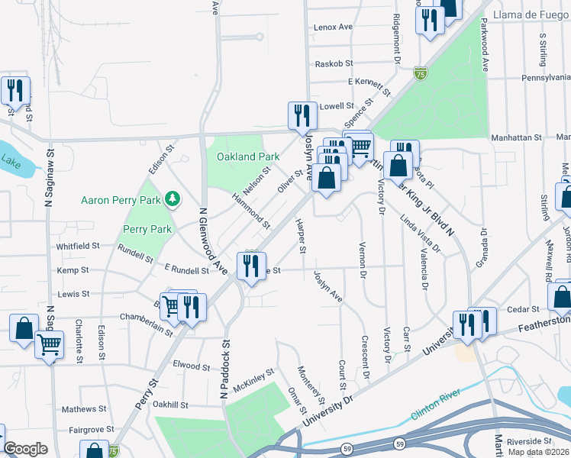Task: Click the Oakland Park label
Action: pos(248,156)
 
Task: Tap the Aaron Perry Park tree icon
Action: pos(173,199)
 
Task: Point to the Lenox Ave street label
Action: pos(334,27)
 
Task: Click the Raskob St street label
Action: pos(334,63)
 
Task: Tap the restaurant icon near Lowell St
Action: pos(302,115)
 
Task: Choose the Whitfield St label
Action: pos(78,246)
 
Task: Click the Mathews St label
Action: pos(79,409)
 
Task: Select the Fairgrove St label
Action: pos(86,430)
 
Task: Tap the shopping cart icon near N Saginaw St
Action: pos(49,344)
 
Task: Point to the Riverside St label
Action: pos(527,441)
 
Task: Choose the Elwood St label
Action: pos(191,366)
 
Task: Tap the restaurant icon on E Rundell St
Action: pos(251,266)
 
